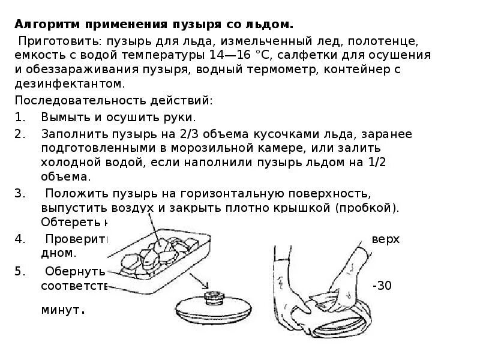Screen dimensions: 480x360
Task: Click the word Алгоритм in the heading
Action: coord(44,25)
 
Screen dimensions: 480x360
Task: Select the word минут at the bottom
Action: coord(62,311)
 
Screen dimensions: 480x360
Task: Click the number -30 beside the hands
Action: coord(382,286)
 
